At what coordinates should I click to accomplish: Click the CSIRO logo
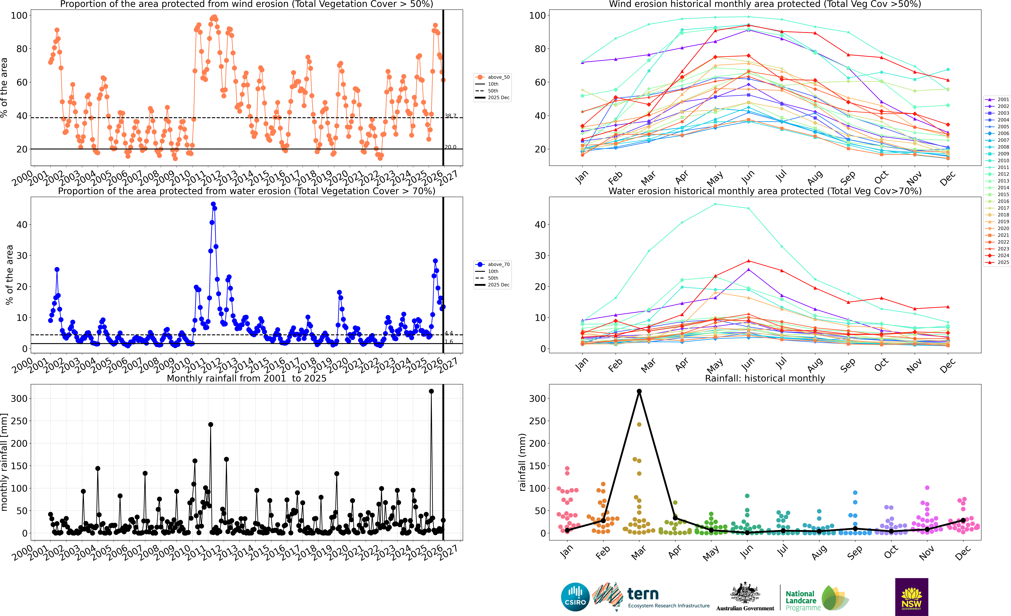(x=575, y=597)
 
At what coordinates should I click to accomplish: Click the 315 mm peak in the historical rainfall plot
(x=639, y=391)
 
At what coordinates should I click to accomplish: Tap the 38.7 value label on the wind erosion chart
(x=451, y=116)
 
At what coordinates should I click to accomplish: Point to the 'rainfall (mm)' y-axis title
(x=522, y=462)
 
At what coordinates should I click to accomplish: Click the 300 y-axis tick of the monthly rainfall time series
(x=19, y=398)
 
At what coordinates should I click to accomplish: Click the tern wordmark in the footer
(x=643, y=594)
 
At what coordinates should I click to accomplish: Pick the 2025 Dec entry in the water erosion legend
(x=498, y=285)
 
